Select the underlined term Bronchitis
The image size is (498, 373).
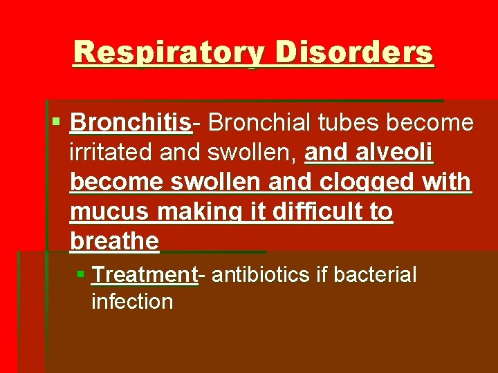[x=130, y=123]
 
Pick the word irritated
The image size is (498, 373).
[x=112, y=153]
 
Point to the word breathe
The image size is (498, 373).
[x=114, y=242]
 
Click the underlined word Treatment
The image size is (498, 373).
[x=145, y=275]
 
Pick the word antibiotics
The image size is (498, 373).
[x=261, y=275]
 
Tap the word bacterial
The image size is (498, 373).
[x=375, y=275]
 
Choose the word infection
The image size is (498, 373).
[x=131, y=301]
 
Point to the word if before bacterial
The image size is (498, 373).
[x=321, y=275]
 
